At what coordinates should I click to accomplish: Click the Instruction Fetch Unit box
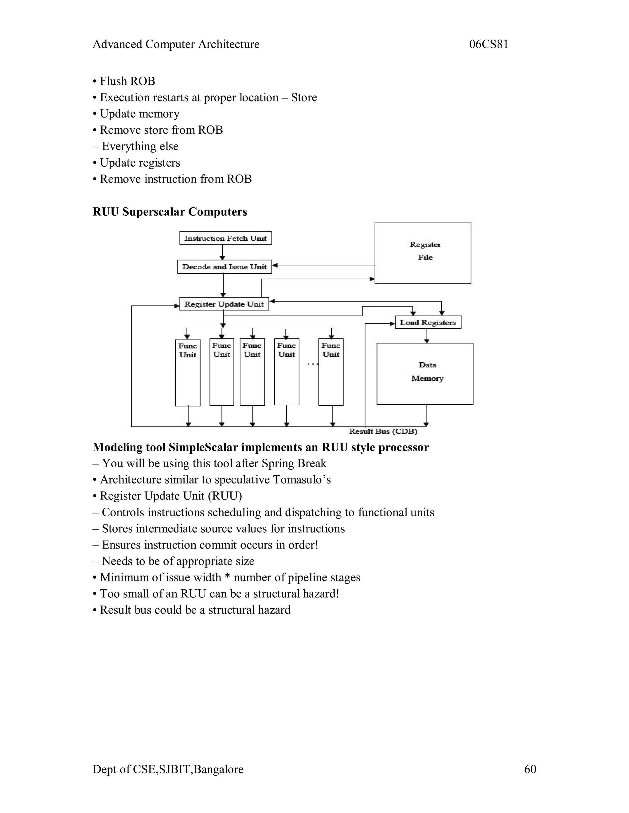[x=225, y=238]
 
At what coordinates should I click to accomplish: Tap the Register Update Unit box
[x=224, y=304]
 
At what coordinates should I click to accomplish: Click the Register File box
[x=423, y=253]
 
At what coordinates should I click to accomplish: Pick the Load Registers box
[x=428, y=322]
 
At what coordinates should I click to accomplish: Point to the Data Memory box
[x=425, y=373]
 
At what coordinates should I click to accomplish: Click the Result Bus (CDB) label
[x=383, y=431]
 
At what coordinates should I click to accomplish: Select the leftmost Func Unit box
[x=188, y=372]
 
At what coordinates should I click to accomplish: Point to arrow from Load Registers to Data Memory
[x=427, y=336]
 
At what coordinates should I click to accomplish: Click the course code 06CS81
[x=489, y=44]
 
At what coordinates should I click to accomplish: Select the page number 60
[x=530, y=769]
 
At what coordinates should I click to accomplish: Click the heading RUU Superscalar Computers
[x=170, y=212]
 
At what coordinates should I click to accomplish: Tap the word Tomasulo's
[x=302, y=480]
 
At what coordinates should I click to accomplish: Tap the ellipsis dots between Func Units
[x=312, y=364]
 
